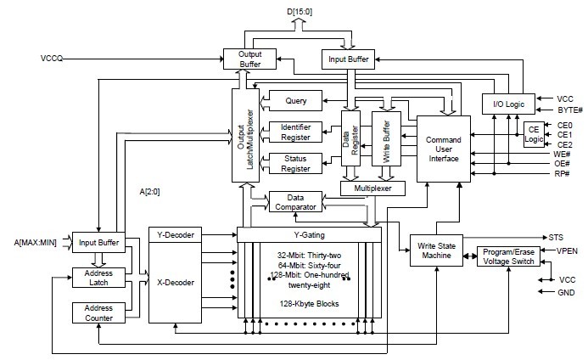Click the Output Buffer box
[x=243, y=58]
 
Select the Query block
[x=296, y=101]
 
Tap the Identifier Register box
[x=296, y=131]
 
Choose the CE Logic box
[x=534, y=134]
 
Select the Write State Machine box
[x=434, y=250]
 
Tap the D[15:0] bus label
[x=295, y=9]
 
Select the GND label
[x=565, y=292]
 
